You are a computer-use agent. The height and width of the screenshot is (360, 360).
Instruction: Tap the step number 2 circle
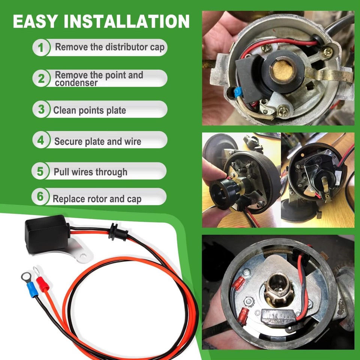[41, 78]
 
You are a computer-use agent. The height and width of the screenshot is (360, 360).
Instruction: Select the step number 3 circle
[41, 109]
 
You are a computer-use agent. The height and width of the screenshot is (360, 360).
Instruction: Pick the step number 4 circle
[40, 141]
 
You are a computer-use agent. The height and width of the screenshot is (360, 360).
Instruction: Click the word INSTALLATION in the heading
[127, 21]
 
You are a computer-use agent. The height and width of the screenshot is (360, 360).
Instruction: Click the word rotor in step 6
[99, 199]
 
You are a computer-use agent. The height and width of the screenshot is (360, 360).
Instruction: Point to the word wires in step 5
[86, 172]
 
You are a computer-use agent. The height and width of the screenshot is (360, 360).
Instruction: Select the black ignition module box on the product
[46, 231]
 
